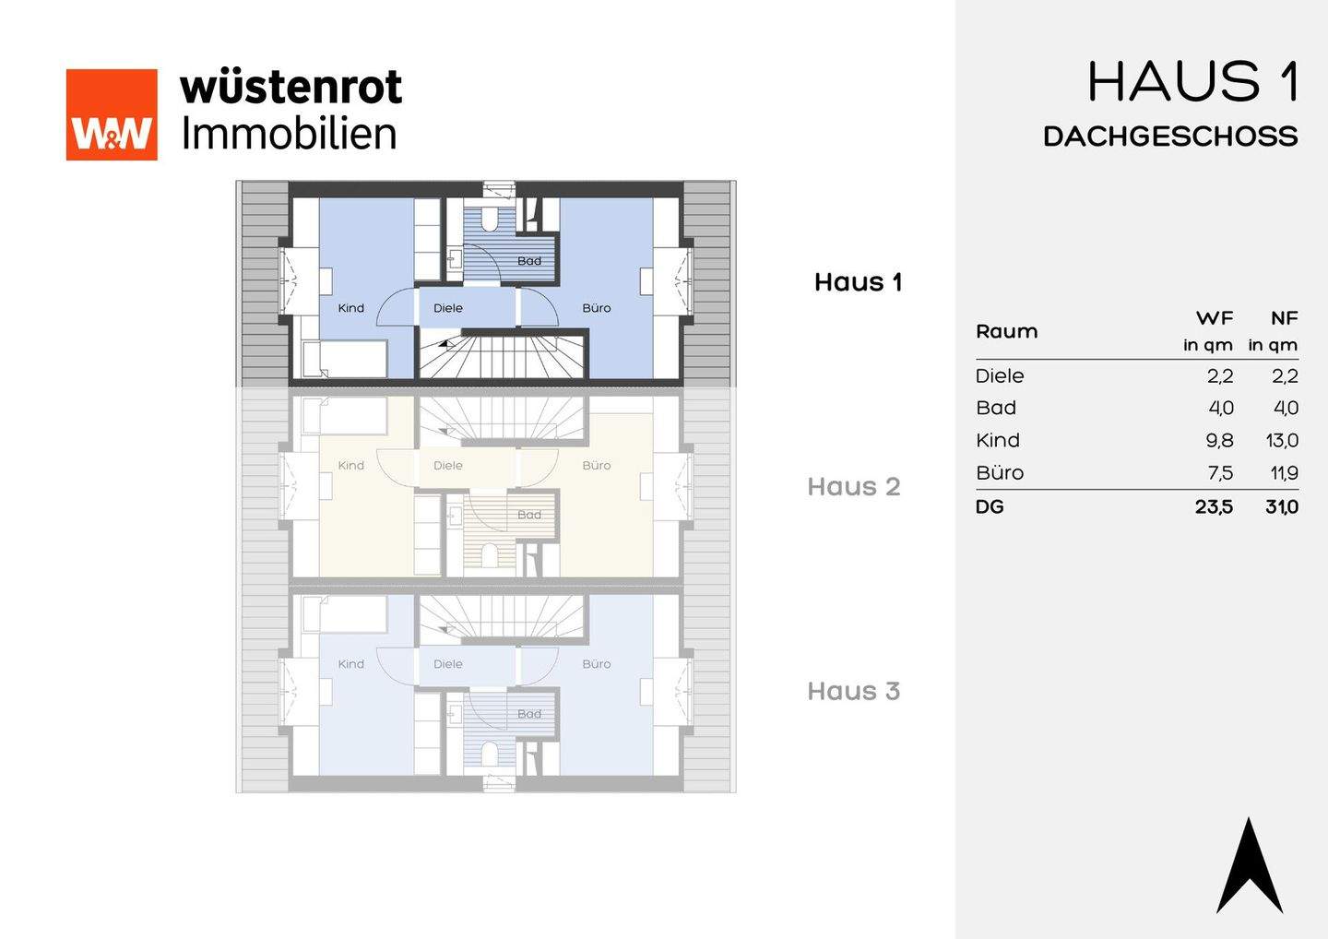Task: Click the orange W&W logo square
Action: pos(112,114)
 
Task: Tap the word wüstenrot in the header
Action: pos(290,88)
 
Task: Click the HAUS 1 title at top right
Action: pos(1193,82)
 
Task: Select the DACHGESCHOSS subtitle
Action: pos(1170,137)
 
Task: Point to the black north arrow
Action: pos(1250,867)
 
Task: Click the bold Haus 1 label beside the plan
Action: pos(858,282)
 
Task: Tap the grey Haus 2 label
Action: pos(853,487)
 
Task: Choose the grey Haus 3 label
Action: pos(853,692)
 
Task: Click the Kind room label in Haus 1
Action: pos(350,308)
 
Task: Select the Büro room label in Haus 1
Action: pos(596,308)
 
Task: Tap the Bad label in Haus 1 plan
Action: pos(529,261)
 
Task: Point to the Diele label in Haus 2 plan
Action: pos(448,466)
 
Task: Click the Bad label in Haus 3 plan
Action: pos(529,714)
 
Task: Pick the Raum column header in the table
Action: pos(1006,331)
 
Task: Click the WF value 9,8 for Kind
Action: pos(1219,441)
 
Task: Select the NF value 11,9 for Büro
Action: pos(1284,473)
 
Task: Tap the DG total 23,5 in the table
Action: pos(1214,506)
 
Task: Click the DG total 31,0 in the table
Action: pos(1282,506)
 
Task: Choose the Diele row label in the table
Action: pos(1000,376)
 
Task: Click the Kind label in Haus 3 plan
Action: pos(350,664)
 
